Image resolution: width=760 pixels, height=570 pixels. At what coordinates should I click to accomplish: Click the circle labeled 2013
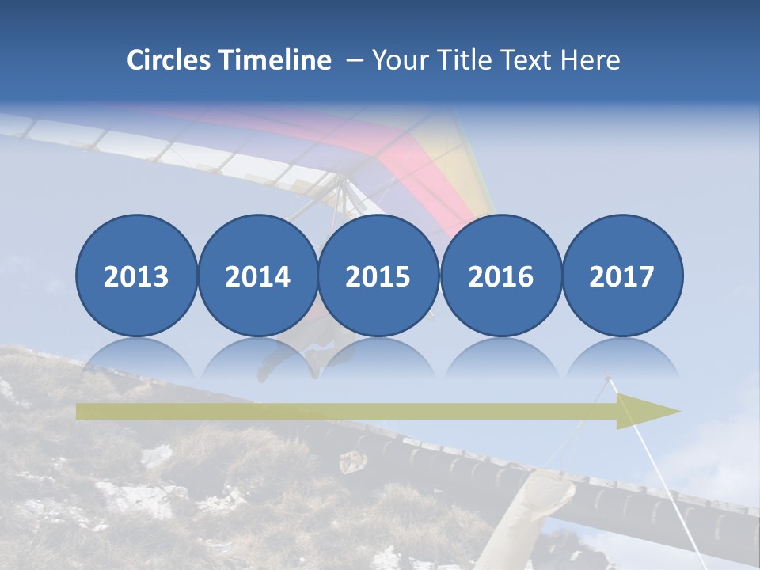point(136,275)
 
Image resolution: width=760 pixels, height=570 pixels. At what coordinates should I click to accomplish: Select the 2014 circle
point(257,275)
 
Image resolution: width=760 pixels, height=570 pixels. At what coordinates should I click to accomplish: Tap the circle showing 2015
point(378,275)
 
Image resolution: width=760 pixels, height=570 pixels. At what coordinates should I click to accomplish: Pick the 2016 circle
point(500,275)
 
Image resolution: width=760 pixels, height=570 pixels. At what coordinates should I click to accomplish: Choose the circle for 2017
point(621,275)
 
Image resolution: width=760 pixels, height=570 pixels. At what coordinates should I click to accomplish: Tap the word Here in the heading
point(590,60)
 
